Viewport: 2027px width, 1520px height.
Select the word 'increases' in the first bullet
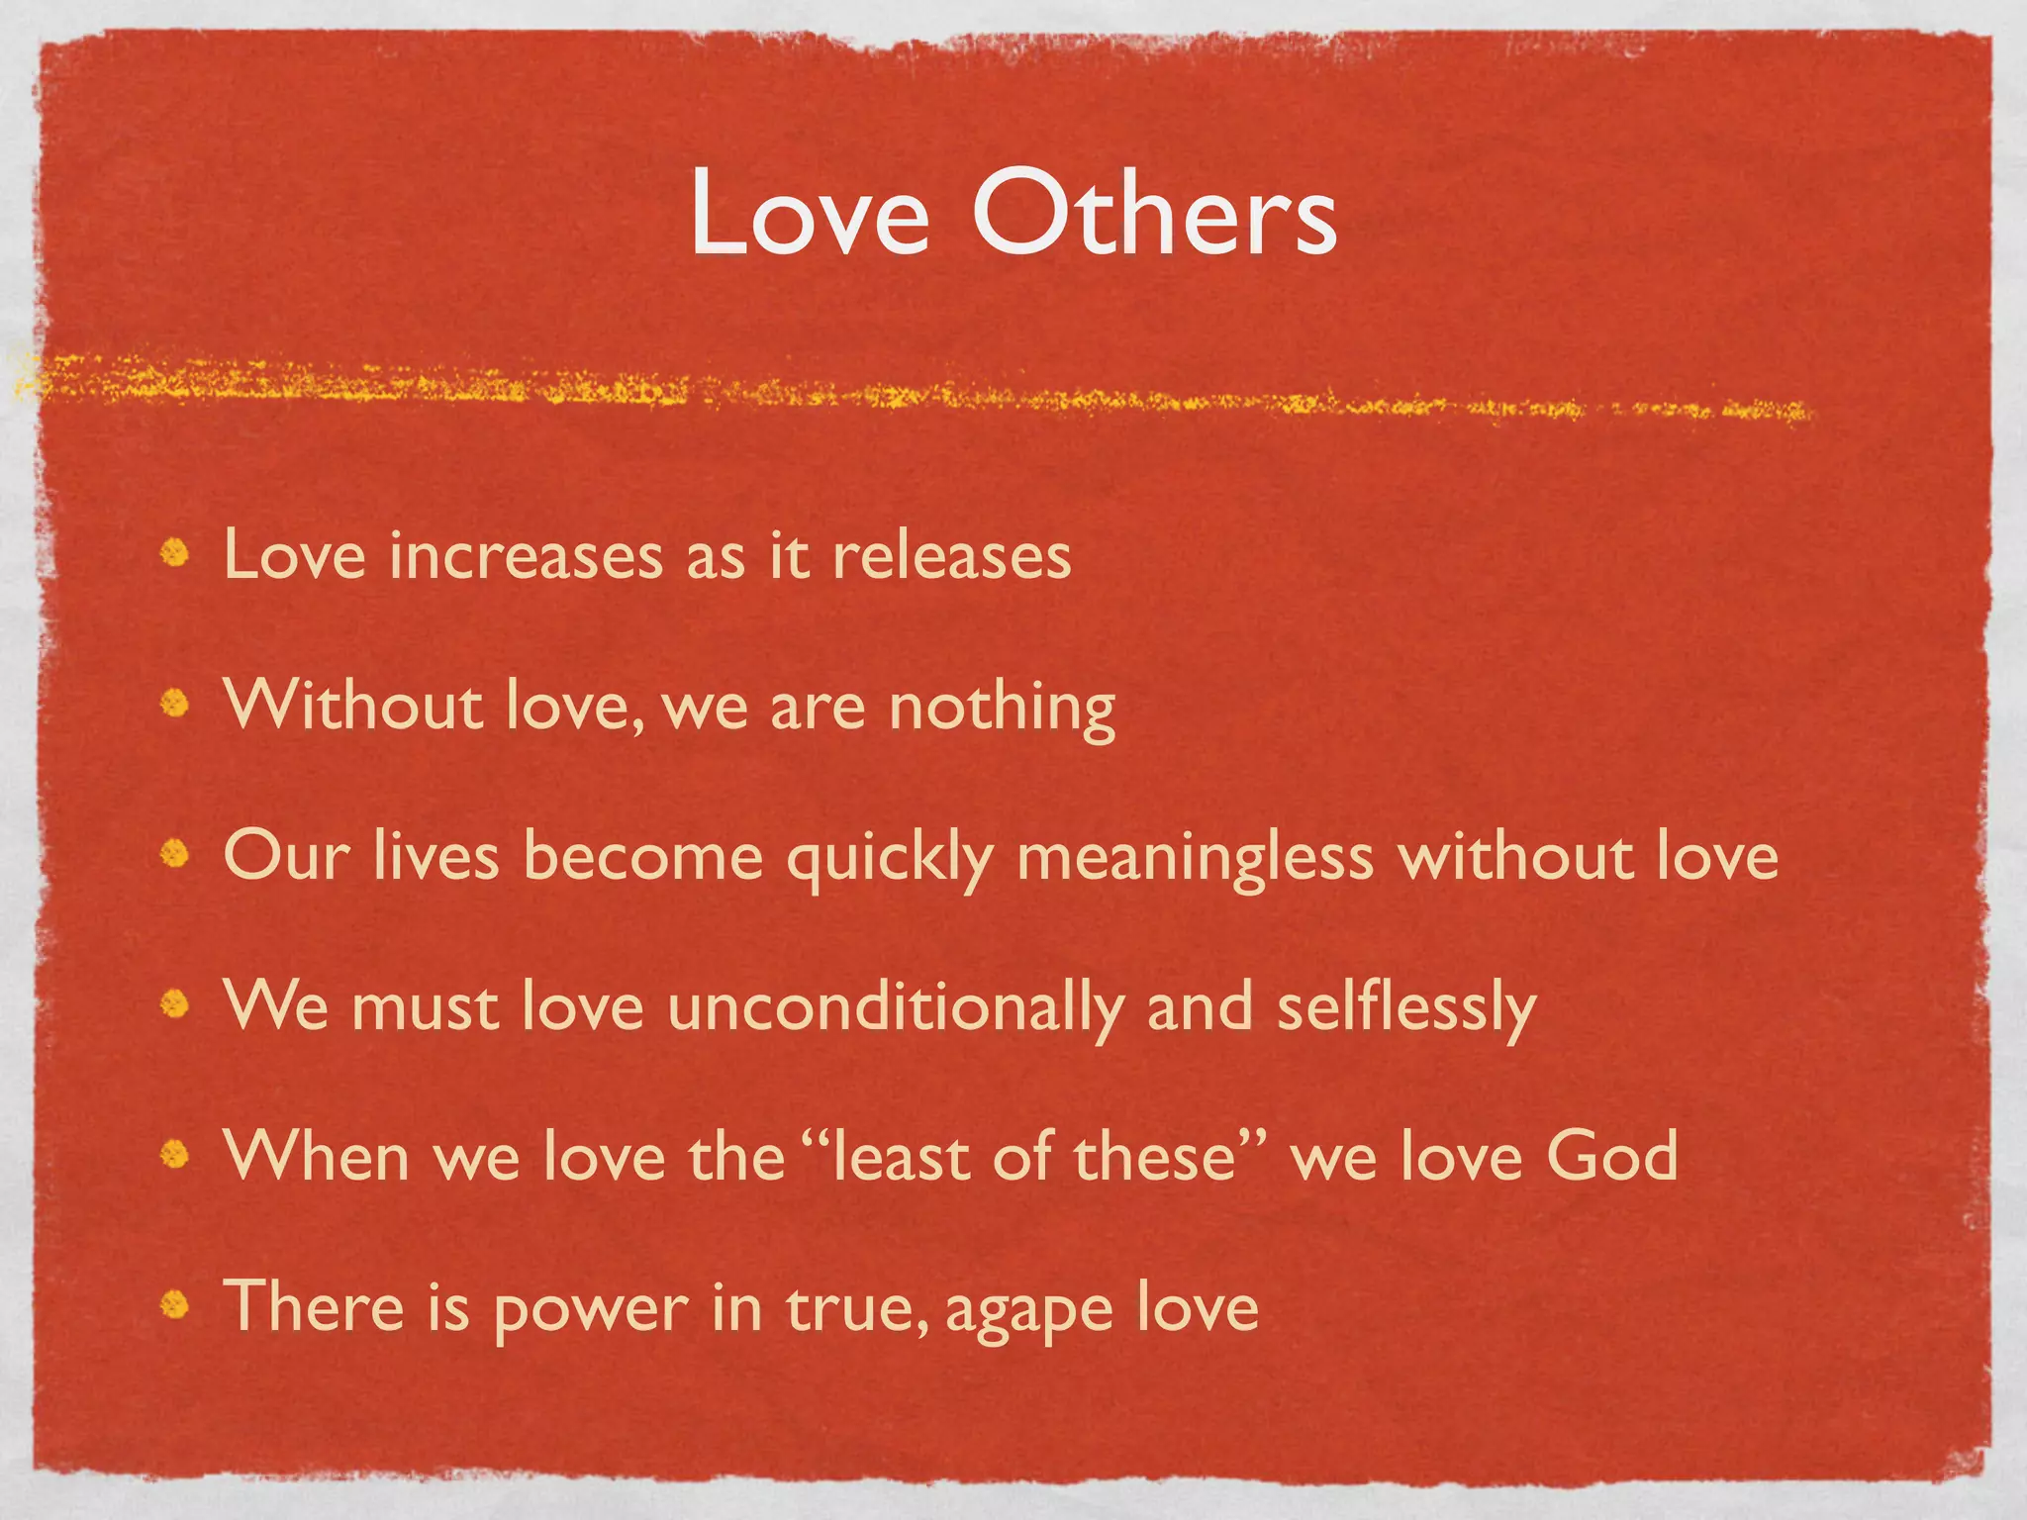point(526,556)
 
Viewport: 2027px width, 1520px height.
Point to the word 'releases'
point(951,556)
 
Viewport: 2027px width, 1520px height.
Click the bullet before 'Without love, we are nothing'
point(176,704)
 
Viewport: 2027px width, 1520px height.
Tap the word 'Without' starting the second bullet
point(353,707)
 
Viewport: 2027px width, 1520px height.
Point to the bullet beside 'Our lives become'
point(176,853)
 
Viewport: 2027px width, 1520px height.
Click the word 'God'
point(1611,1156)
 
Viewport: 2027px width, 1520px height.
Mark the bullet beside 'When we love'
point(176,1154)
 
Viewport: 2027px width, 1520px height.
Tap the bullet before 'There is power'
point(176,1305)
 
